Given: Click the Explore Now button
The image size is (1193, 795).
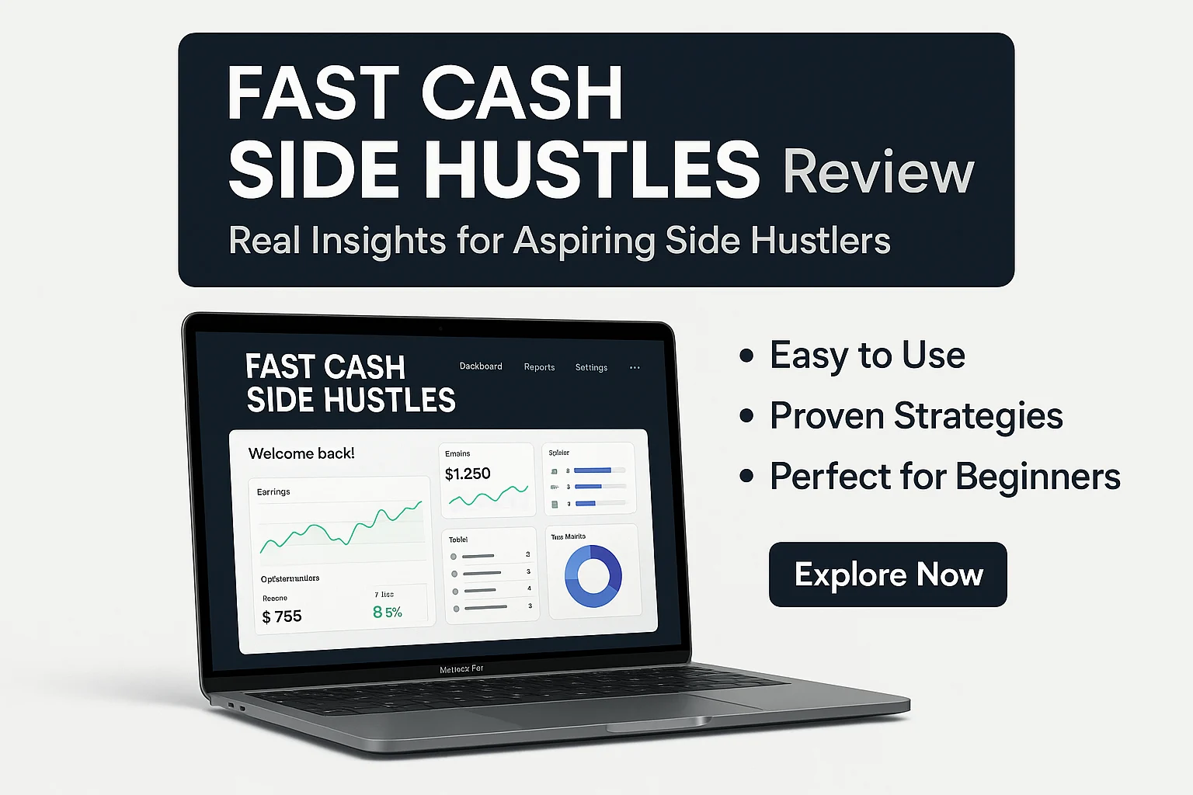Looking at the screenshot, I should pyautogui.click(x=888, y=575).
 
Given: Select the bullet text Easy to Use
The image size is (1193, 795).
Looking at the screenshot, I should pyautogui.click(x=867, y=356).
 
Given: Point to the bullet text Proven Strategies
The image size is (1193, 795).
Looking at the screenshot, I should pyautogui.click(x=916, y=416).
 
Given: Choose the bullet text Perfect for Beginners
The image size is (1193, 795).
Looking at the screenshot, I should pyautogui.click(x=944, y=477).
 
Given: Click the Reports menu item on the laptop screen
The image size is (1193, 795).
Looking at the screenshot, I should pyautogui.click(x=539, y=367).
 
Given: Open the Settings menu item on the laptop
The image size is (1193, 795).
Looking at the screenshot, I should pyautogui.click(x=591, y=368).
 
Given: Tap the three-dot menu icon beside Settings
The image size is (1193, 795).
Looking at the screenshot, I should pyautogui.click(x=635, y=368).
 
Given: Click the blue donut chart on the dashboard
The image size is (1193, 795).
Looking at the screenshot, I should pyautogui.click(x=593, y=576).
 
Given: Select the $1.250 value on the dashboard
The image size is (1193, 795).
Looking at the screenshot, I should pyautogui.click(x=468, y=474).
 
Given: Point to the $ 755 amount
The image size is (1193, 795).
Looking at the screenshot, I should pyautogui.click(x=282, y=616).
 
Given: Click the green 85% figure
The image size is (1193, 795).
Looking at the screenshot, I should pyautogui.click(x=388, y=613).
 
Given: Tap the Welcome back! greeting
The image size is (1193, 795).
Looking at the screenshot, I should pyautogui.click(x=301, y=453).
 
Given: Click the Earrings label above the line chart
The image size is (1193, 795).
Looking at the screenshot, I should pyautogui.click(x=273, y=492).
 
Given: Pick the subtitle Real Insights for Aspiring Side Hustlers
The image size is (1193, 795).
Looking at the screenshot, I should pyautogui.click(x=559, y=241).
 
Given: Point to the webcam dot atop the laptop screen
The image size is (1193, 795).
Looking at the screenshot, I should pyautogui.click(x=440, y=328).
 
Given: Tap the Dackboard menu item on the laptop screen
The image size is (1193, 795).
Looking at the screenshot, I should pyautogui.click(x=481, y=366).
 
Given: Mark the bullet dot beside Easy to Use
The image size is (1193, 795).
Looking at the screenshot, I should pyautogui.click(x=746, y=356).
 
